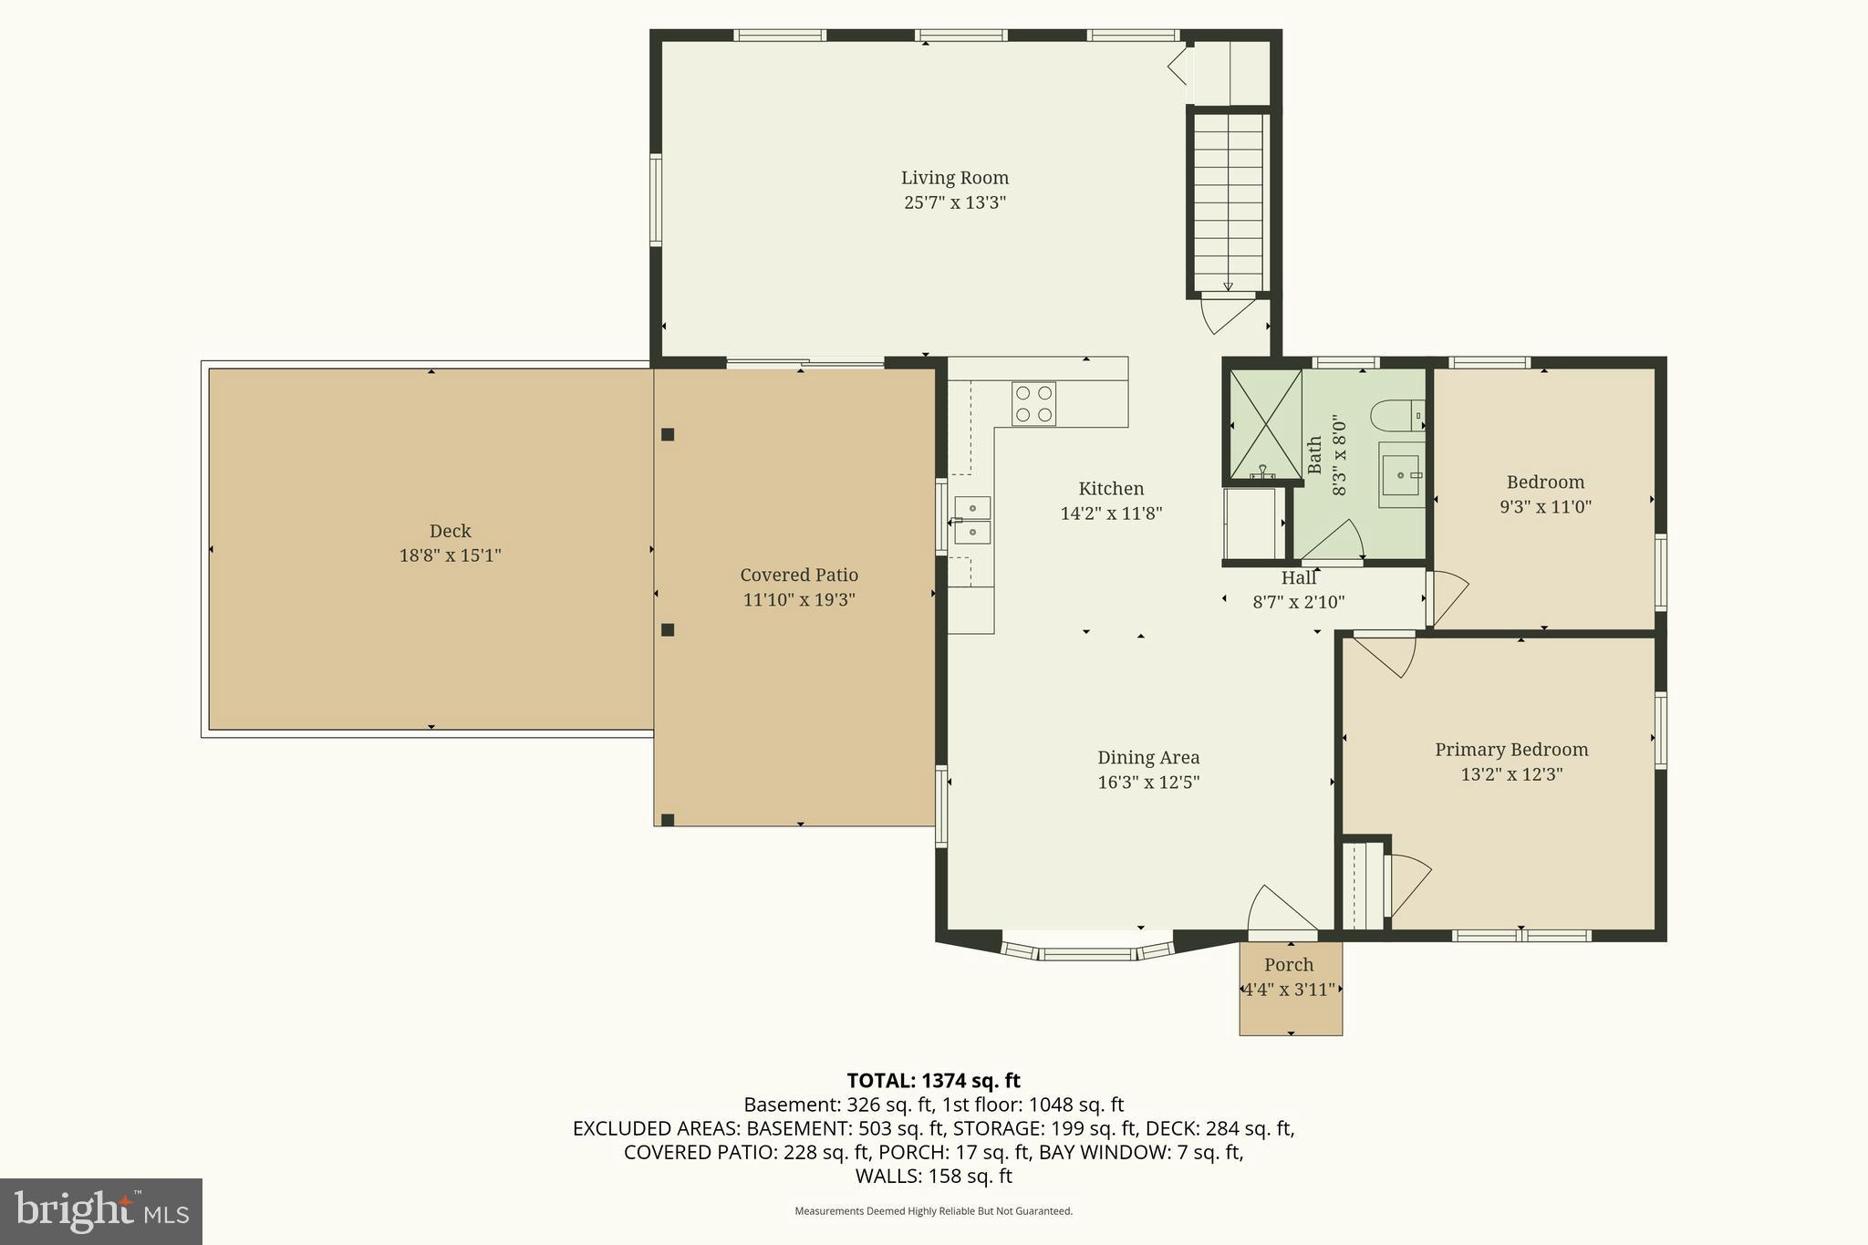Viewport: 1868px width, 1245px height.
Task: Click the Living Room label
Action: click(x=954, y=178)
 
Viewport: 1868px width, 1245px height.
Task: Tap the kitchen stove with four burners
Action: click(x=1033, y=404)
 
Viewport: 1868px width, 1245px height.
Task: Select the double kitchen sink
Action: click(x=972, y=520)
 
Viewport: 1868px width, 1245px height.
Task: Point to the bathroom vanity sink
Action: click(x=1400, y=475)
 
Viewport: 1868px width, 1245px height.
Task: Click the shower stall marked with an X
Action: click(x=1265, y=424)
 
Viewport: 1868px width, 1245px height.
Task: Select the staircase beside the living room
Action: click(x=1230, y=201)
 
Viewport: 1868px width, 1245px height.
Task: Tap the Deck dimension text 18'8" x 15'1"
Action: click(x=450, y=555)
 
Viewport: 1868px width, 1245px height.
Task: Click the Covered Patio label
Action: click(x=798, y=575)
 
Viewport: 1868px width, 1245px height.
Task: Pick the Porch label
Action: click(x=1289, y=965)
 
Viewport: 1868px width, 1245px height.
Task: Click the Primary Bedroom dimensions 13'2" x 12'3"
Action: click(x=1511, y=774)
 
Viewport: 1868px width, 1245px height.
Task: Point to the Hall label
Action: click(x=1298, y=577)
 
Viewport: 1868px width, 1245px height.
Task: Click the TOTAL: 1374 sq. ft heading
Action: click(x=933, y=1081)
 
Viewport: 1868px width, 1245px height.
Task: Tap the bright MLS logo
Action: click(x=100, y=1211)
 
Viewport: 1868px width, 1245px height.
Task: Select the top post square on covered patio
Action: click(x=668, y=435)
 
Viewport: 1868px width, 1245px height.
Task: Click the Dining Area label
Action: click(x=1147, y=757)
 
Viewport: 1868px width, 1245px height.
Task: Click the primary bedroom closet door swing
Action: click(x=1407, y=885)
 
